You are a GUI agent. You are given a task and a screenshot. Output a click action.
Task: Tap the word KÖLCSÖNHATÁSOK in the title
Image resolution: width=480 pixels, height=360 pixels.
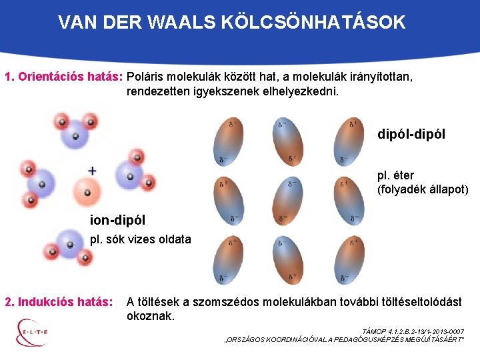coord(315,23)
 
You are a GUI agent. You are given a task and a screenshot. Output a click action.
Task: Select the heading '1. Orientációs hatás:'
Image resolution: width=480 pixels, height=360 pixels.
coord(63,77)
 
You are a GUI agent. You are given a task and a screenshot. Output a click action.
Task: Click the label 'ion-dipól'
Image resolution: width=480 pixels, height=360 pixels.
coord(117,219)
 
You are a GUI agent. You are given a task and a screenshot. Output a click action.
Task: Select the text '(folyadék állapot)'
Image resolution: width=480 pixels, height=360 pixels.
coord(423,190)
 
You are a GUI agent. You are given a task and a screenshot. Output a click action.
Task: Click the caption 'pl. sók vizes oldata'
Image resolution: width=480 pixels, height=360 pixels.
coord(141,239)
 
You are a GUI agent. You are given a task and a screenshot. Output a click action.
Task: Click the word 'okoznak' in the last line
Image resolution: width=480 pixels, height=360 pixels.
coord(151,316)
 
